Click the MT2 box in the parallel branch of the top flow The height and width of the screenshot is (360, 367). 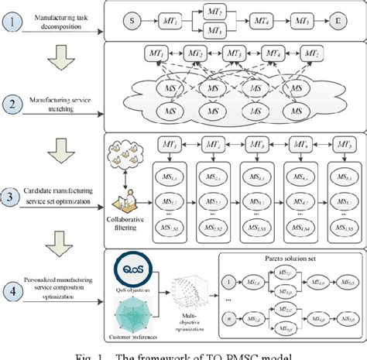[x=215, y=10]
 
